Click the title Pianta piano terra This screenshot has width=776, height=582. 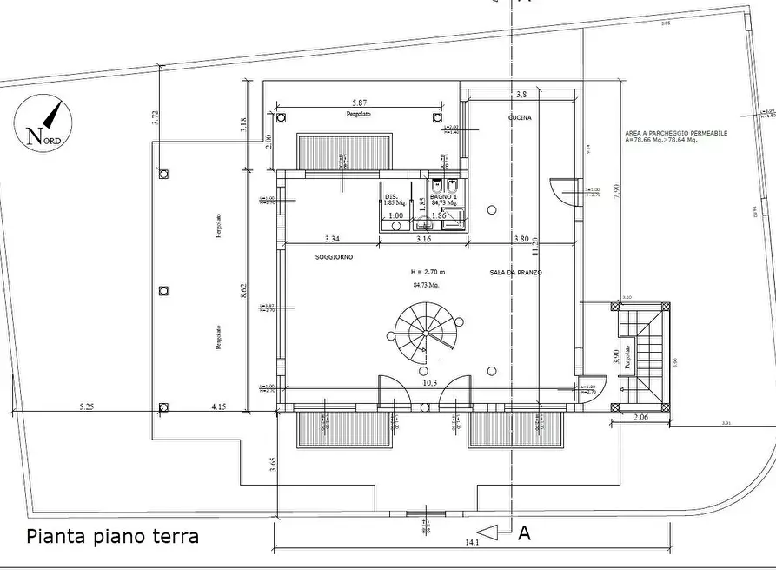pos(113,536)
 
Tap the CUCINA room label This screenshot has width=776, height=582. pos(520,117)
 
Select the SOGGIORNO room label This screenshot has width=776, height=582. pos(334,258)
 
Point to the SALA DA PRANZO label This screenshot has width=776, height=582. pos(515,272)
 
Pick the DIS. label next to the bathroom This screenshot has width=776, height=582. pos(391,197)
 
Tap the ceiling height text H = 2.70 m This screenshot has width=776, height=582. pos(428,272)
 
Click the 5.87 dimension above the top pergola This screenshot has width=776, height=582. pos(352,103)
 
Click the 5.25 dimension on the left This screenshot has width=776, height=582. pos(87,405)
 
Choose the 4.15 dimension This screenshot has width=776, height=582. pos(218,405)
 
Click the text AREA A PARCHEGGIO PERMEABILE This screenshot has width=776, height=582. pos(676,133)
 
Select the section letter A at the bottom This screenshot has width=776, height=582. pos(524,533)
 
